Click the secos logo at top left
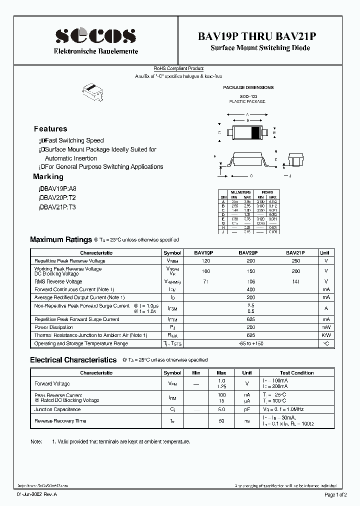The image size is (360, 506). [95, 35]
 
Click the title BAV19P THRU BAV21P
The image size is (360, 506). [260, 36]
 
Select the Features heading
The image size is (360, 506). [50, 128]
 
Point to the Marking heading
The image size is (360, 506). [48, 176]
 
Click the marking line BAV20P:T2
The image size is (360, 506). [57, 198]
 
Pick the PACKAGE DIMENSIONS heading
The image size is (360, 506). [248, 87]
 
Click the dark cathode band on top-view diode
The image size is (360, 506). [255, 132]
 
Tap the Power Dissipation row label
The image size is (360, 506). [54, 327]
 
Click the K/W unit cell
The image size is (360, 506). [325, 335]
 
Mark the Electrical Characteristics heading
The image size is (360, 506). [73, 360]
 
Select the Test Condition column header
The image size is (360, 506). [296, 372]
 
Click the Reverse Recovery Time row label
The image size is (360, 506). [60, 421]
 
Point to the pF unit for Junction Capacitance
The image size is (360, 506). [247, 409]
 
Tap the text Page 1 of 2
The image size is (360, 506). [338, 494]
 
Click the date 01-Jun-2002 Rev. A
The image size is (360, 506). [37, 494]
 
